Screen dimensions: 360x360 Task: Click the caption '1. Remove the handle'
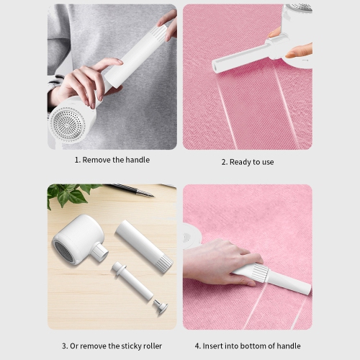[112, 160]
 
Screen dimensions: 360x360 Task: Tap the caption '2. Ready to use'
[247, 162]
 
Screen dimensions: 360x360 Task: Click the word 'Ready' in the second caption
[240, 162]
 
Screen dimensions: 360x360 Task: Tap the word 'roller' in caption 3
[150, 346]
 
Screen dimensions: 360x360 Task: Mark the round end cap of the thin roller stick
[162, 308]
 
